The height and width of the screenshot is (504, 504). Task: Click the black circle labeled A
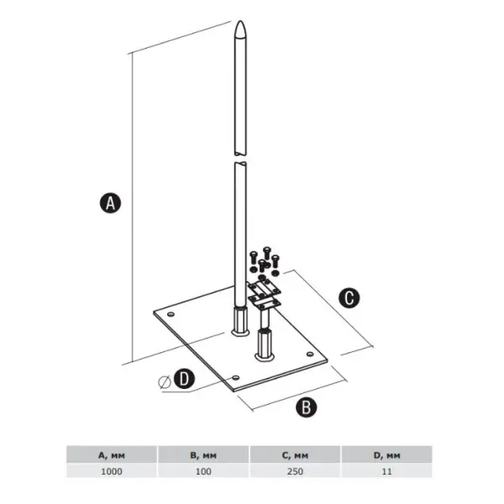pos(110,203)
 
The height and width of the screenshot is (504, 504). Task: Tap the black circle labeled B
pos(306,407)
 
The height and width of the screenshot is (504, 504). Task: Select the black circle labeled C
pos(349,297)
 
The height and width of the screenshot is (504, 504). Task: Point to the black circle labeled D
pos(184,378)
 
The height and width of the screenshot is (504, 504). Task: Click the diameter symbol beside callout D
pos(165,382)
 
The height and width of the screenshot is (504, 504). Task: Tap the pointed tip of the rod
pos(240,21)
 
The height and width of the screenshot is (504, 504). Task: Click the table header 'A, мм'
pos(112,455)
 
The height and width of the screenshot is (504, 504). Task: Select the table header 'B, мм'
pos(203,455)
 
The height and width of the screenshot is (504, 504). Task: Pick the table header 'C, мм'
pos(295,455)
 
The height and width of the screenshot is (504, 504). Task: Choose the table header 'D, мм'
pos(387,455)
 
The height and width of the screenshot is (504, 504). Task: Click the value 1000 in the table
pos(112,471)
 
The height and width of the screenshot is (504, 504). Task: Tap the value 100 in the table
pos(203,471)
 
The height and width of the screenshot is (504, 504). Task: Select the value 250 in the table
pos(295,471)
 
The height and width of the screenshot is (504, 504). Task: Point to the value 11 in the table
pos(387,471)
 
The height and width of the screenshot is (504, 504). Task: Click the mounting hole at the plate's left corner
pos(171,314)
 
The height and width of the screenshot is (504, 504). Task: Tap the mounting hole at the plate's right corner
pos(310,354)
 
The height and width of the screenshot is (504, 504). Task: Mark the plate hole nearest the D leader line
pos(236,377)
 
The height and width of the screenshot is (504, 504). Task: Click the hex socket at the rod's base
pos(240,322)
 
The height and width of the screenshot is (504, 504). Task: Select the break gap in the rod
pos(240,158)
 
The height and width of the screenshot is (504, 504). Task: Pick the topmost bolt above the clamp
pos(267,253)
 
